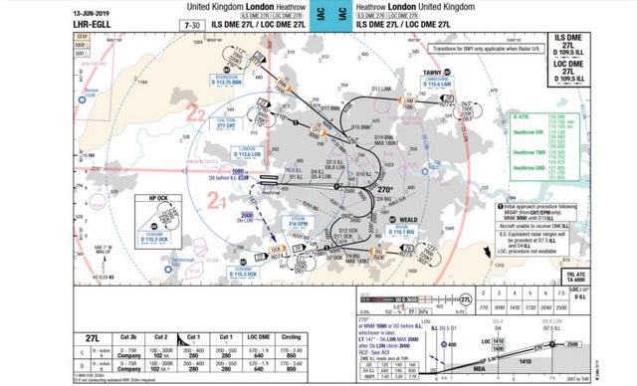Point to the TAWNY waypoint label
click(433, 73)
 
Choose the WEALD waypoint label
click(407, 218)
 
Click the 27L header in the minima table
click(95, 336)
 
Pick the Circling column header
click(292, 337)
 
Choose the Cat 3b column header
click(128, 337)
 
